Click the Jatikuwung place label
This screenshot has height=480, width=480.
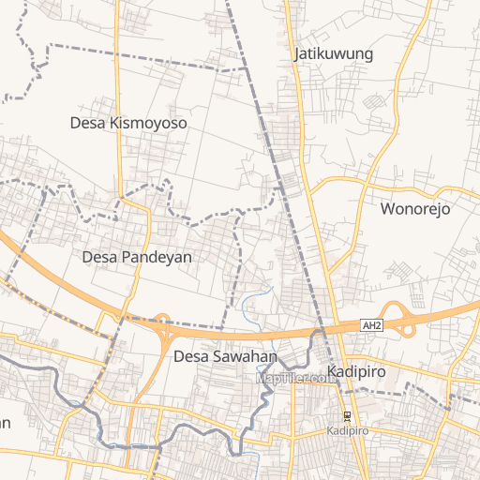coord(333,53)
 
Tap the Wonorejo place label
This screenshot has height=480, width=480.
coord(414,208)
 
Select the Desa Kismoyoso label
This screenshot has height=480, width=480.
coord(128,123)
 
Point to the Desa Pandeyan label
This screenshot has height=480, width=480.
coord(137,256)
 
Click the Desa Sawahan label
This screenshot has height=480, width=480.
coord(225,356)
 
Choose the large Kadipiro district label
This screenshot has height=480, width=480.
coord(357,371)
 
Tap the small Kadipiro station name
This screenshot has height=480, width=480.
coord(347,430)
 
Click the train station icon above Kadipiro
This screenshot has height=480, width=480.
coord(347,416)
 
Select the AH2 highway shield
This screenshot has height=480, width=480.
coord(372,325)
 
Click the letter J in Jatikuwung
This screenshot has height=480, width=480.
coord(297,53)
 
